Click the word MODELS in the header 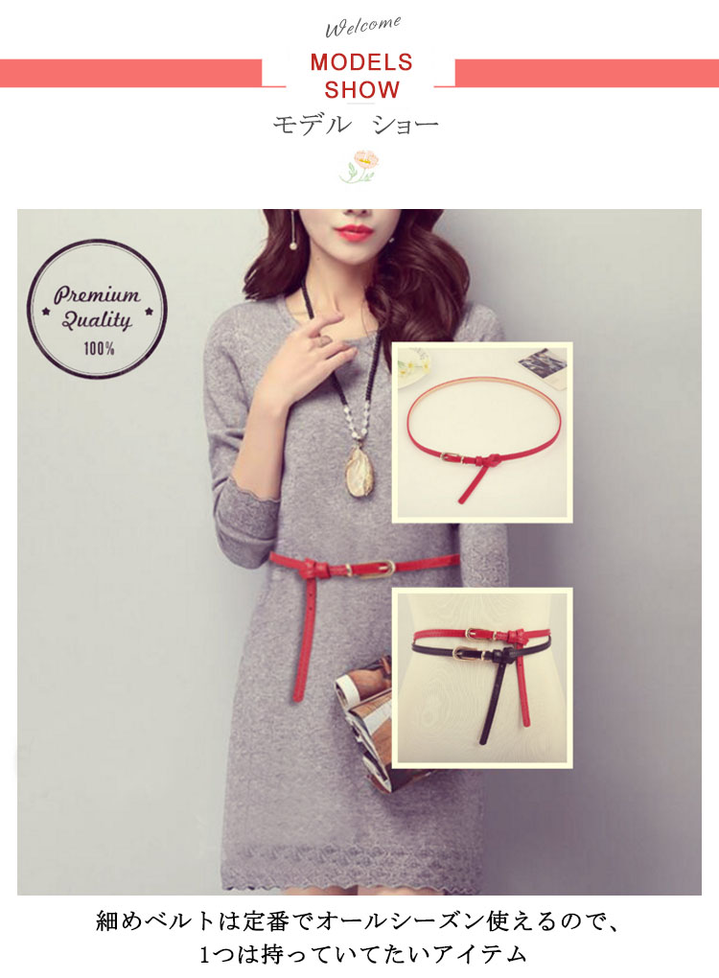coord(361,62)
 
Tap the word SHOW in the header coord(361,90)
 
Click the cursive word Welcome coord(363,26)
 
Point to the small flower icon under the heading coord(359,166)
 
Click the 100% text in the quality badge coord(99,348)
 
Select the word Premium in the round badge coord(97,294)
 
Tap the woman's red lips coord(354,233)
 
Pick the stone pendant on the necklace coord(358,471)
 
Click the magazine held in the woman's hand coord(365,724)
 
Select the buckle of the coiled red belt coord(454,457)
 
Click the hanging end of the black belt coord(493,702)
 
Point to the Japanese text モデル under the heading coord(312,124)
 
